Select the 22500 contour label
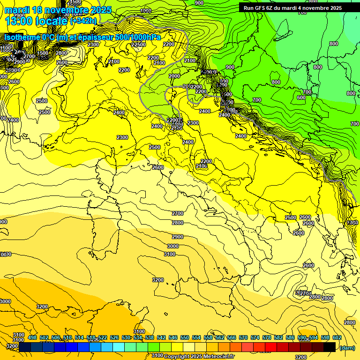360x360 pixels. pyautogui.click(x=138, y=45)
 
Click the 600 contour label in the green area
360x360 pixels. pyautogui.click(x=301, y=97)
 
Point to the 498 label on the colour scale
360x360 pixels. pyautogui.click(x=32, y=337)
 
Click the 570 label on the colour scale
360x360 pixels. pyautogui.click(x=243, y=337)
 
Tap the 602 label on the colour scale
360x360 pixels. pyautogui.click(x=337, y=337)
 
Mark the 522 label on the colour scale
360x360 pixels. pyautogui.click(x=103, y=337)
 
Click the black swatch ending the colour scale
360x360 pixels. pyautogui.click(x=329, y=347)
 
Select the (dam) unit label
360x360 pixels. pyautogui.click(x=347, y=347)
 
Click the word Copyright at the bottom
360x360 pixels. pyautogui.click(x=177, y=356)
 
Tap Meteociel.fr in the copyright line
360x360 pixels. pyautogui.click(x=219, y=356)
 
